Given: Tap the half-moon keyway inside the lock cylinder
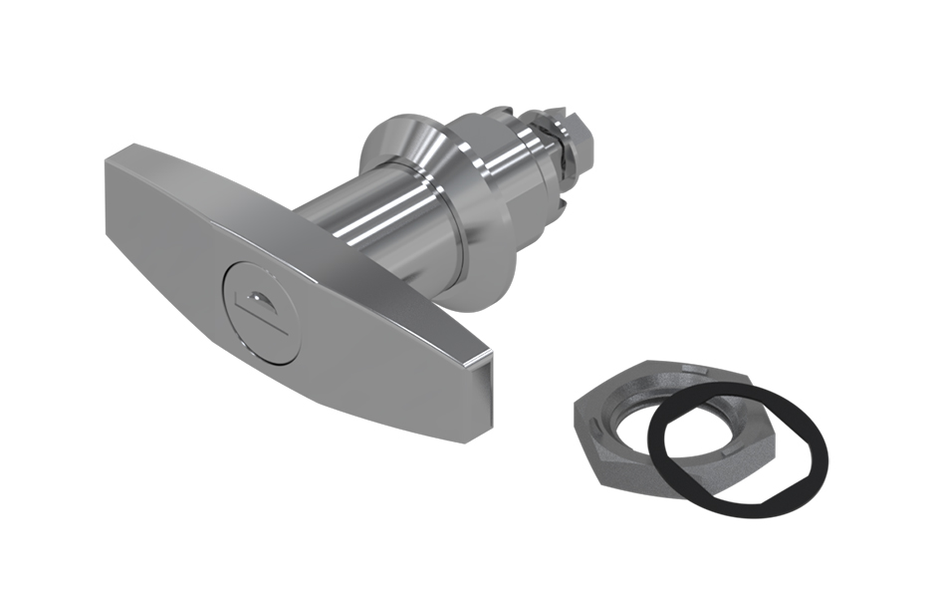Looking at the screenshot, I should pyautogui.click(x=257, y=296).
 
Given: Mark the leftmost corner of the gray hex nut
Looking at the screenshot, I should pyautogui.click(x=576, y=404).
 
